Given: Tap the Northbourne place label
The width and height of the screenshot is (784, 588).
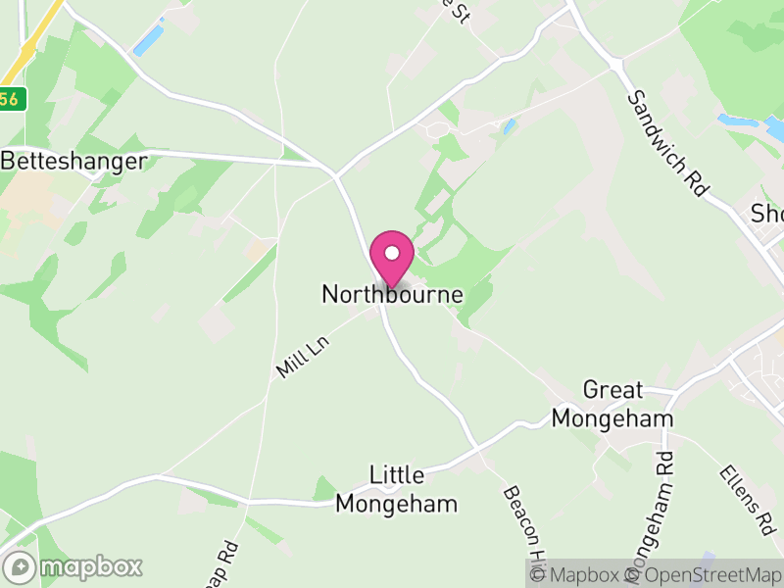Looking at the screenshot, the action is (x=392, y=294).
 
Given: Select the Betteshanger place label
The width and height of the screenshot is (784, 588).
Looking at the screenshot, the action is (x=75, y=160).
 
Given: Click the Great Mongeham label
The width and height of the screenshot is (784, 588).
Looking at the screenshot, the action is (x=612, y=404).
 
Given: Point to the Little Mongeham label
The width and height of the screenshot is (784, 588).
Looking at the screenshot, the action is (x=397, y=490).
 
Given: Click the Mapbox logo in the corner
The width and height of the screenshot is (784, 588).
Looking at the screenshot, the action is (x=74, y=566).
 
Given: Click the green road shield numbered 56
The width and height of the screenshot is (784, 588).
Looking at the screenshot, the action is (x=9, y=99).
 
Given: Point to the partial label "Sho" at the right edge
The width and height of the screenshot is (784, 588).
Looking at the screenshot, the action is (x=766, y=213).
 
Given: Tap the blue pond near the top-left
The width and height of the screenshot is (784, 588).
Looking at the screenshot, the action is (x=148, y=38).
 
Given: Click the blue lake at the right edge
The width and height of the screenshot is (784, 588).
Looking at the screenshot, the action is (x=755, y=125).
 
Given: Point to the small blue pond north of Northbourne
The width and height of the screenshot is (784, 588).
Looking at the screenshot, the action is (x=508, y=125).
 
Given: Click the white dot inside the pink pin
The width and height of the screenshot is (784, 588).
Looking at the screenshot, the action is (x=392, y=253).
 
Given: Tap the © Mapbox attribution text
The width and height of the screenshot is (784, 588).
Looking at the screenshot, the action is (x=585, y=575).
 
